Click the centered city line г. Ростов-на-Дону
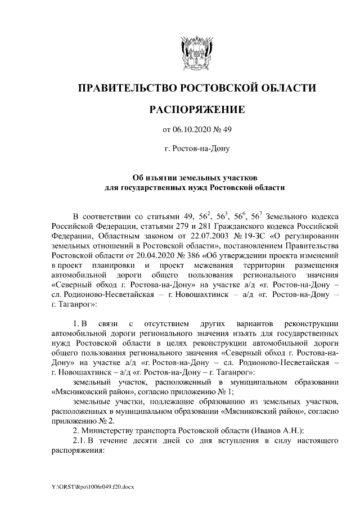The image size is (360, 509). pos(196,149)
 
